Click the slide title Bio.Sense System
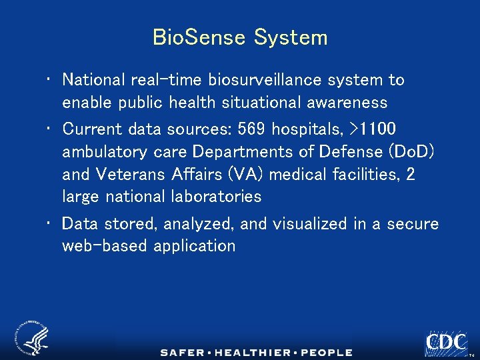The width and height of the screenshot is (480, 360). [x=240, y=37]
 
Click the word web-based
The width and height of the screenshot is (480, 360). [x=105, y=246]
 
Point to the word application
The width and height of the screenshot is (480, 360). [x=194, y=246]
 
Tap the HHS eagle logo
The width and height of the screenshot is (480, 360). [x=32, y=337]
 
